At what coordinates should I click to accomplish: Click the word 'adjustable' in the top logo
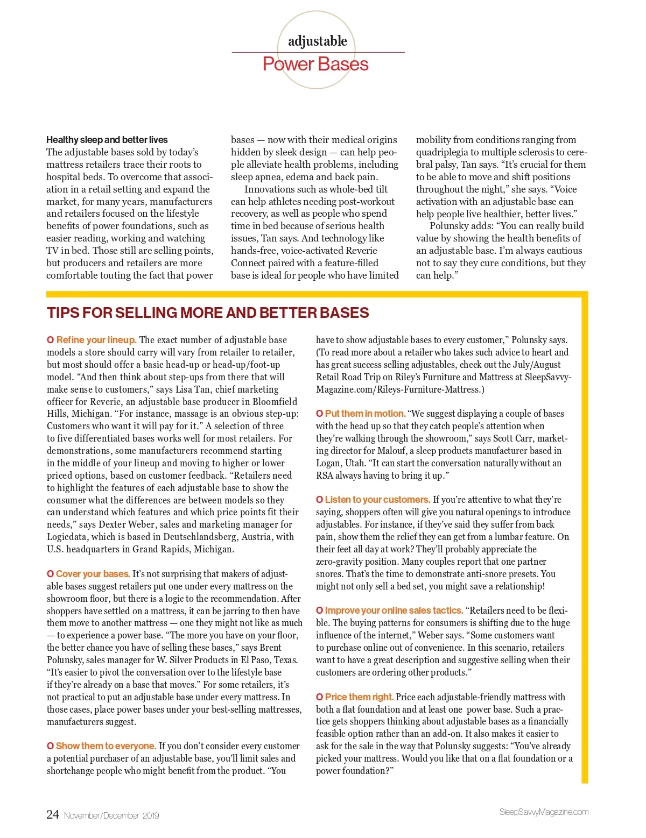click(x=318, y=41)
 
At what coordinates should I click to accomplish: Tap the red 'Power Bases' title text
click(x=315, y=65)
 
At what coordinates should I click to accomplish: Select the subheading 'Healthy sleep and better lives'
click(x=107, y=140)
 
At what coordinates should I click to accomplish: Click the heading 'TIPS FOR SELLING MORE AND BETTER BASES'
click(x=208, y=313)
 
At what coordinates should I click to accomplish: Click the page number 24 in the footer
click(x=53, y=814)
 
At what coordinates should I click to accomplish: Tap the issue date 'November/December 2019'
click(x=111, y=815)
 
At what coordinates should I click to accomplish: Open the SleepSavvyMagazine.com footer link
click(x=544, y=812)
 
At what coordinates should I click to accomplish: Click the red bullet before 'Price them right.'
click(x=319, y=697)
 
